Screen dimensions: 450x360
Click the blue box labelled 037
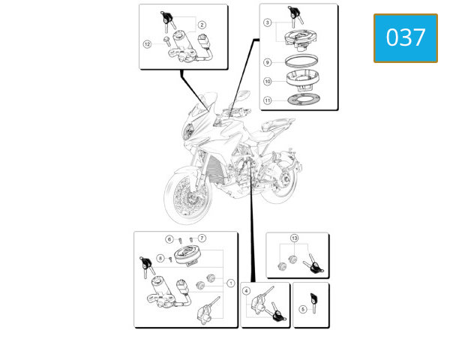pyautogui.click(x=406, y=38)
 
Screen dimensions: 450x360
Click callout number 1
pyautogui.click(x=231, y=283)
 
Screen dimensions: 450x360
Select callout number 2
pyautogui.click(x=202, y=25)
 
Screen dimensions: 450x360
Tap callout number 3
pyautogui.click(x=268, y=22)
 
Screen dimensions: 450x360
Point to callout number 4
pyautogui.click(x=246, y=291)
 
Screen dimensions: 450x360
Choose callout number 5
pyautogui.click(x=303, y=309)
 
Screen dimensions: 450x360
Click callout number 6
pyautogui.click(x=169, y=239)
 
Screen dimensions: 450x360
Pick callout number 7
pyautogui.click(x=202, y=238)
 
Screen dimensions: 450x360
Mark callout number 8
pyautogui.click(x=160, y=258)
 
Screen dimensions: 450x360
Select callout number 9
pyautogui.click(x=268, y=62)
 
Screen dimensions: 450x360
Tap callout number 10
pyautogui.click(x=268, y=81)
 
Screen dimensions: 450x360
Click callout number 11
pyautogui.click(x=268, y=100)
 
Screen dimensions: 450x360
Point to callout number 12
pyautogui.click(x=147, y=44)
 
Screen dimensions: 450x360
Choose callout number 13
pyautogui.click(x=295, y=238)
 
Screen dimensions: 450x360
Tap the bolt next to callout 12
pyautogui.click(x=166, y=41)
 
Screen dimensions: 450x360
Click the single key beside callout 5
pyautogui.click(x=313, y=303)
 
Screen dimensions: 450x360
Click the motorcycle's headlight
pyautogui.click(x=188, y=130)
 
